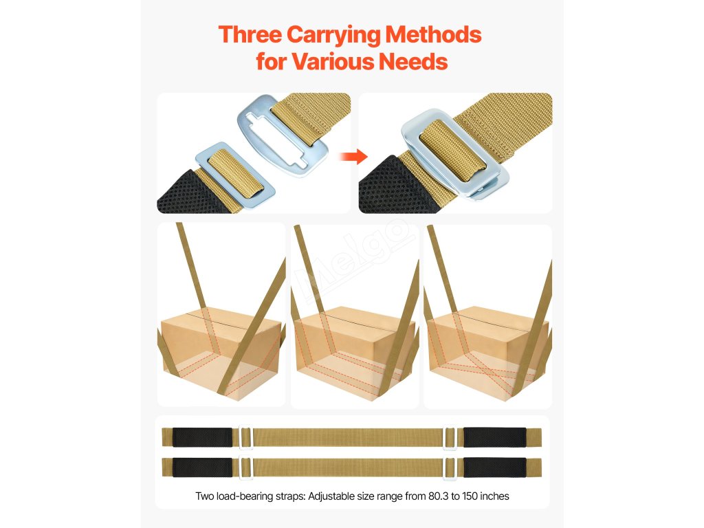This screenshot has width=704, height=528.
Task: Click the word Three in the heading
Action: tap(250, 34)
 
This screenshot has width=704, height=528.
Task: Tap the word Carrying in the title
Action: tap(333, 36)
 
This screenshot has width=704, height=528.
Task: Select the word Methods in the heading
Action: tap(433, 34)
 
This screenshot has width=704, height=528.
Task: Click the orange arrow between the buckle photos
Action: tap(353, 157)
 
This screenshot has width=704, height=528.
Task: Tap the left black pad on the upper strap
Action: tap(203, 437)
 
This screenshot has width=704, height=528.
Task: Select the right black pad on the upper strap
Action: tap(495, 437)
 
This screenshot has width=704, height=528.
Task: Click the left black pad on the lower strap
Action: tap(203, 467)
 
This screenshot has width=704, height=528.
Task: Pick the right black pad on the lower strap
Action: tap(495, 467)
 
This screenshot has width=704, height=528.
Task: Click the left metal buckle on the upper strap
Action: tap(245, 437)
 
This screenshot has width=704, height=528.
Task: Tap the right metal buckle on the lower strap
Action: tap(450, 467)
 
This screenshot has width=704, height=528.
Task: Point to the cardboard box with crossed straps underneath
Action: tap(487, 353)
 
